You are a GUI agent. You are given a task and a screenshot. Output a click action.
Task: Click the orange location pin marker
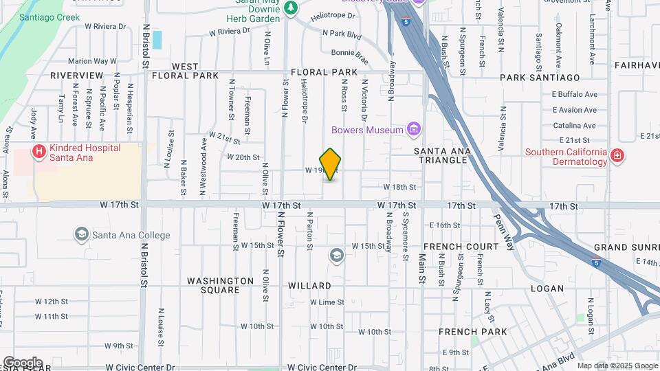(331, 164)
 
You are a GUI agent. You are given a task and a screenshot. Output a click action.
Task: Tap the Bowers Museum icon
(413, 128)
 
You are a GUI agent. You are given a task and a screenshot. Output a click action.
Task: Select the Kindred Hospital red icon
(40, 151)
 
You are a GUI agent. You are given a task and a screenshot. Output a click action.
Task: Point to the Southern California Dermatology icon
(617, 156)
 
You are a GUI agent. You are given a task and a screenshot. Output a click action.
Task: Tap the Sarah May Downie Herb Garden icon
(291, 8)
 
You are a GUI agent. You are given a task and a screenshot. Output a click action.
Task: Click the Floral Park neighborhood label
(324, 72)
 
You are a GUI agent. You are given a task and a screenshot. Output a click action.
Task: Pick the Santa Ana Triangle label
(441, 155)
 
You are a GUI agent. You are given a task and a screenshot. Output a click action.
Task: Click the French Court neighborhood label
(461, 246)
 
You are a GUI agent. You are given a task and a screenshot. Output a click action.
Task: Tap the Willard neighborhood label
(309, 285)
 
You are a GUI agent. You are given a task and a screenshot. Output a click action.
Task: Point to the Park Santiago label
(540, 78)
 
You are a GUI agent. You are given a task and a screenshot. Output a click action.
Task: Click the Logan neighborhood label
(547, 289)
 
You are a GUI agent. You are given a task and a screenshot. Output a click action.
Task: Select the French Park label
(473, 332)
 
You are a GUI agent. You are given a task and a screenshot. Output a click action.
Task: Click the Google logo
(23, 362)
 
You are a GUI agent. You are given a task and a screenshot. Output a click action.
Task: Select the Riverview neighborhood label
(77, 75)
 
